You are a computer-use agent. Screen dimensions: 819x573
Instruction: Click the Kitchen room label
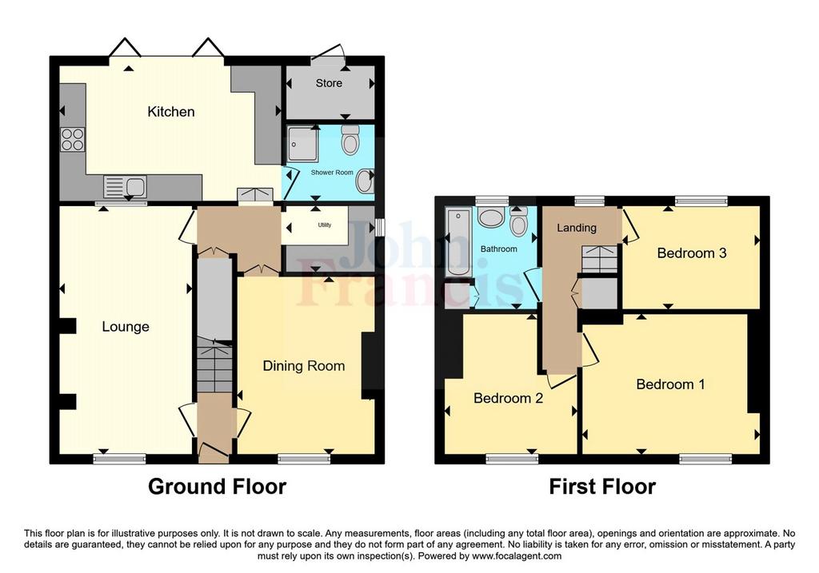(171, 112)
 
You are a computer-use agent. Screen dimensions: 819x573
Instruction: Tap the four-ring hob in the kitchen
(73, 139)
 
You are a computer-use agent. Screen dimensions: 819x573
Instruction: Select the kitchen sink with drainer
(125, 187)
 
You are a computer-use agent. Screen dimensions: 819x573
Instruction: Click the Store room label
(329, 83)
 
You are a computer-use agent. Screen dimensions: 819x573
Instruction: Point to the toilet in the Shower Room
(350, 139)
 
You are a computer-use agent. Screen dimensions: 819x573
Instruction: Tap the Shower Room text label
(332, 172)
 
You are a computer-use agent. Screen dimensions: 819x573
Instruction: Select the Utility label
(325, 225)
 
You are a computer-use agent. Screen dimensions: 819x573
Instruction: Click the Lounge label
(126, 327)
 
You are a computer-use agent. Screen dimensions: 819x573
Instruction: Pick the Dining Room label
(303, 366)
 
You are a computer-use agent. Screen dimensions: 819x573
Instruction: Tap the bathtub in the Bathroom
(458, 241)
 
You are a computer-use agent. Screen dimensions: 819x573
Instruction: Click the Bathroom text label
(499, 249)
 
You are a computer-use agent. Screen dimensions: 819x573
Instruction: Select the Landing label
(577, 228)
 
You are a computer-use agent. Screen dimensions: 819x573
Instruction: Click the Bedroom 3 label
(692, 253)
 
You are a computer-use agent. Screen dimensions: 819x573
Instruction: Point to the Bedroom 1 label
(671, 384)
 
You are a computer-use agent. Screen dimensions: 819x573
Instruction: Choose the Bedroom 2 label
(508, 398)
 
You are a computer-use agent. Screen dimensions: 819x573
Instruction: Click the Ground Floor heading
(218, 487)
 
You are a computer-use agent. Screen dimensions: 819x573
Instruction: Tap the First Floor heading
(602, 487)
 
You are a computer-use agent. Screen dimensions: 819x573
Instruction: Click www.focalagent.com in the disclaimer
(517, 556)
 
